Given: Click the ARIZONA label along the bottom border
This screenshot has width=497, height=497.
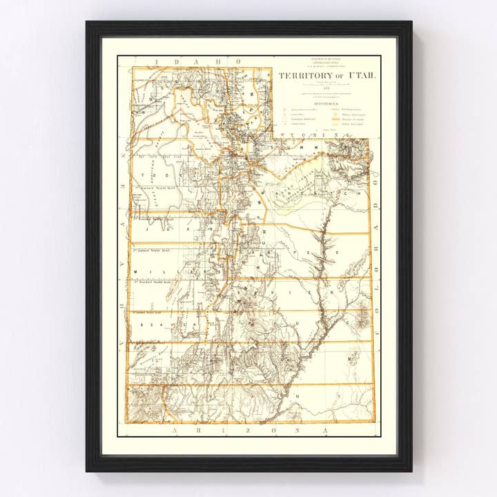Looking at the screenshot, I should [248, 430].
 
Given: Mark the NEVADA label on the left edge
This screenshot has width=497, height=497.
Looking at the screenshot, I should [121, 276].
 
